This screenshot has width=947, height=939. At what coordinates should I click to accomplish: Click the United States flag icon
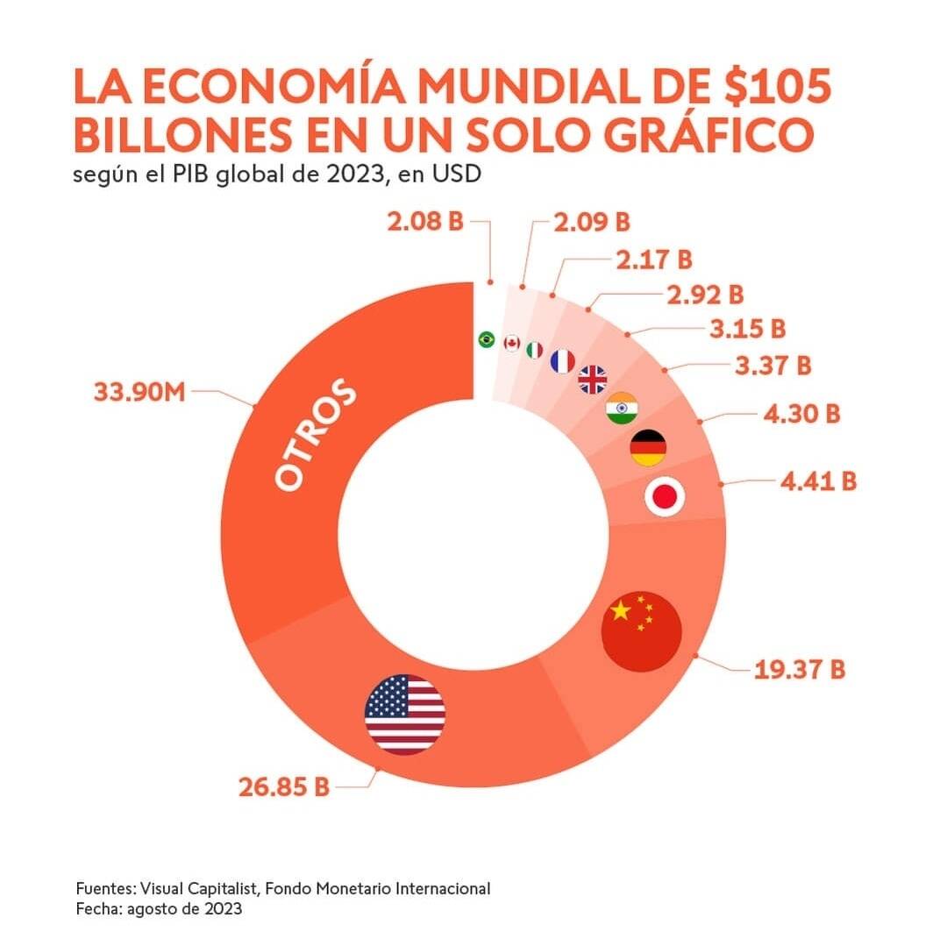pyautogui.click(x=405, y=714)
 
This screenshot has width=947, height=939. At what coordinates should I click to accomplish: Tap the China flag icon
pyautogui.click(x=642, y=631)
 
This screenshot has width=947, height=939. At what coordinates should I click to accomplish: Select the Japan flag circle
pyautogui.click(x=664, y=498)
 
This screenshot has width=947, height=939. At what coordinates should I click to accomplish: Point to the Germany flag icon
pyautogui.click(x=648, y=448)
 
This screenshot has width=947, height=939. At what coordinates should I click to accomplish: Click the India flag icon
pyautogui.click(x=623, y=409)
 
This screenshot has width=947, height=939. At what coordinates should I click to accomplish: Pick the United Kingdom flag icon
pyautogui.click(x=593, y=379)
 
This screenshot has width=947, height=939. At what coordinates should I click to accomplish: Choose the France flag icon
pyautogui.click(x=562, y=360)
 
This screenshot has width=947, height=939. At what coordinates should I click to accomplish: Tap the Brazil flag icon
pyautogui.click(x=486, y=339)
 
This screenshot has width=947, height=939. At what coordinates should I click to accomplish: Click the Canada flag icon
pyautogui.click(x=511, y=343)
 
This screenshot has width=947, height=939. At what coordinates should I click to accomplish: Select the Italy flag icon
pyautogui.click(x=535, y=350)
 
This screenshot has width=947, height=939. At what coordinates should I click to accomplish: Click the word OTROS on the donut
pyautogui.click(x=316, y=436)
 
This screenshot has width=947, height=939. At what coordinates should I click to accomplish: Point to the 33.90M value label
pyautogui.click(x=139, y=391)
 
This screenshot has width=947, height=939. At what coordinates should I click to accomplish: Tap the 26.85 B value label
pyautogui.click(x=284, y=786)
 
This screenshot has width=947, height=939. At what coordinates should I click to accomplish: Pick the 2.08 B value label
pyautogui.click(x=425, y=222)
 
